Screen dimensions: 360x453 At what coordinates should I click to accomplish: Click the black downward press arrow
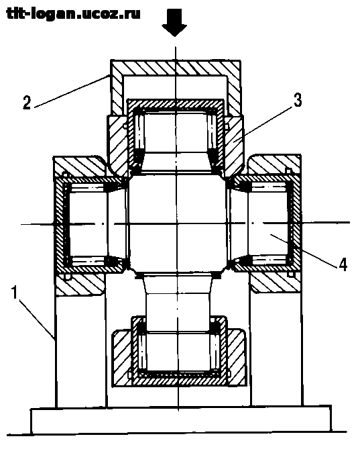(x=174, y=23)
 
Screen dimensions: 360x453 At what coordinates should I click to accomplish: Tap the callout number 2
(x=27, y=102)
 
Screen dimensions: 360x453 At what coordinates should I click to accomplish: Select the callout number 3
(x=298, y=101)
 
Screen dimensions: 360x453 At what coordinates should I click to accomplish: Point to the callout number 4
(x=343, y=264)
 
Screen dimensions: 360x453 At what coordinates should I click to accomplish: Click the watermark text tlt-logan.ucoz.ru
(x=73, y=14)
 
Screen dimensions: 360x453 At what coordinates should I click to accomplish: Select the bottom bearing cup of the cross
(x=179, y=350)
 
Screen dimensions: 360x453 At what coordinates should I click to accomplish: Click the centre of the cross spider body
(x=177, y=223)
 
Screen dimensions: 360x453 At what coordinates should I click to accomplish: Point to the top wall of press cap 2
(x=176, y=68)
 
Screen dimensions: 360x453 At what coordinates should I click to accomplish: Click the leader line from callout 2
(x=71, y=91)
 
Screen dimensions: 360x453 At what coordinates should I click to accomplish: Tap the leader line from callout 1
(x=37, y=319)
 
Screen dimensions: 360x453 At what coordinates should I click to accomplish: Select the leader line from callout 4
(x=303, y=250)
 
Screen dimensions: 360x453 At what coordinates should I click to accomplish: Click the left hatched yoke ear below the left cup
(x=80, y=285)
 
